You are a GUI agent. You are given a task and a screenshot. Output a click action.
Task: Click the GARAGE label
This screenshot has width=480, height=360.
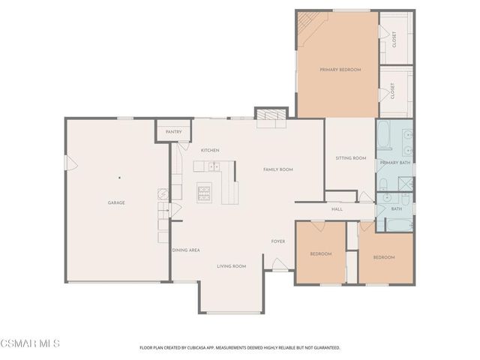pos(116,202)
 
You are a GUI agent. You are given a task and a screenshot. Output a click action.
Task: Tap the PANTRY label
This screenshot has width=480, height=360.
pos(173,131)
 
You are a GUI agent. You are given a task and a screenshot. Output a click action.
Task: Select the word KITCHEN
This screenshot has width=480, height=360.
pos(209,151)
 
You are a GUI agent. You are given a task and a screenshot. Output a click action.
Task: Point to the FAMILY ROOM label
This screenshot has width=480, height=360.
pos(277,169)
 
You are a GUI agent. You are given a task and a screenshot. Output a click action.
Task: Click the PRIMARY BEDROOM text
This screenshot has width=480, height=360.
pos(340,70)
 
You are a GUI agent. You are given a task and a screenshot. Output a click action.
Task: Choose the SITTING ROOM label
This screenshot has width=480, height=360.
pos(350,158)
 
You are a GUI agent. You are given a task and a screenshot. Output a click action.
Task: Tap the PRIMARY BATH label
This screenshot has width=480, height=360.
pos(394,163)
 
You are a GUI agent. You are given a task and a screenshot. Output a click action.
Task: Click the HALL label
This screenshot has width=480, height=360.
pos(337,208)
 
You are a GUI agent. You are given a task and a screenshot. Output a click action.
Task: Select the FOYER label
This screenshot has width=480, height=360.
pos(278,241)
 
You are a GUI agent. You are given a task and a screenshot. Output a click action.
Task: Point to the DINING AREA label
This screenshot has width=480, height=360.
pos(185,250)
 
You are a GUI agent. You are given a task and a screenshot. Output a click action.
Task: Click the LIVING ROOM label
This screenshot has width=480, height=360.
pos(232,266)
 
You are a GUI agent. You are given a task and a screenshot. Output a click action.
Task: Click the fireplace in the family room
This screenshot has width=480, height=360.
pos(271,115)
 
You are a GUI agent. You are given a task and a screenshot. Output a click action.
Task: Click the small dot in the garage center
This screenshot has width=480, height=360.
pos(118,178)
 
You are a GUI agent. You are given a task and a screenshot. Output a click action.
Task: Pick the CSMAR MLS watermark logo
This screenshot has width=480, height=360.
pos(30,344)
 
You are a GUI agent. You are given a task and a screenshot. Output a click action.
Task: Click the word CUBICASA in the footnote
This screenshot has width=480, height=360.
pos(209,348)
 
